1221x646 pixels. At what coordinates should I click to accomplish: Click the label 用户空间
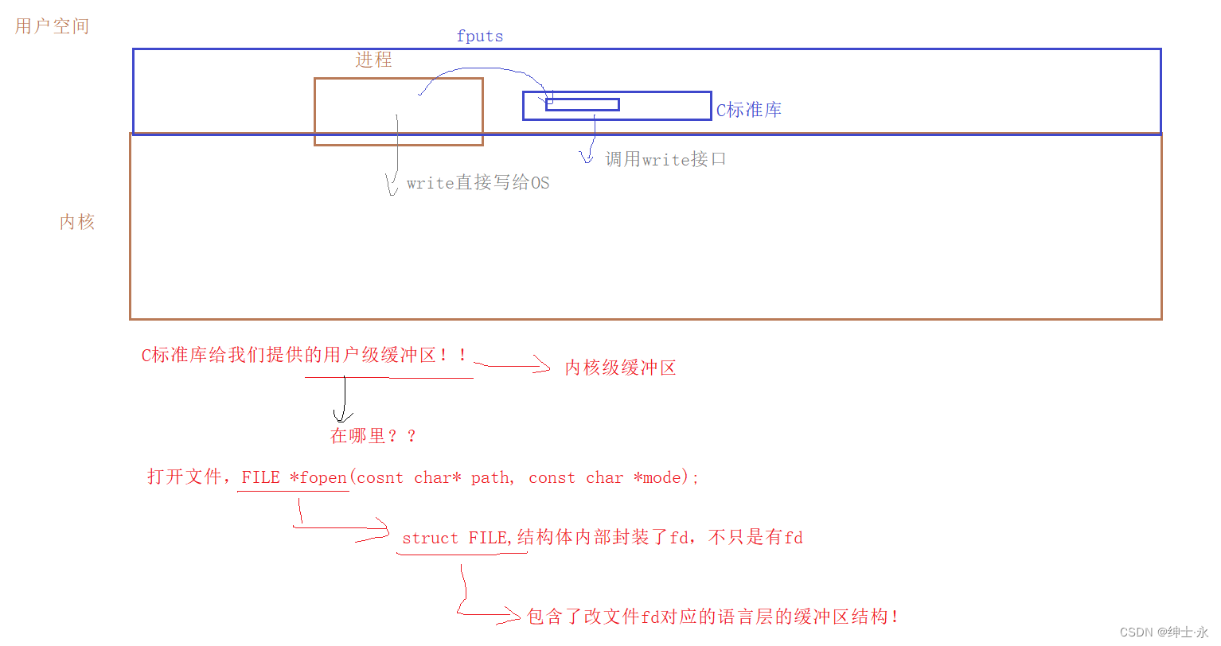click(x=52, y=26)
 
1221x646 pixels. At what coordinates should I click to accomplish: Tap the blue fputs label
click(x=479, y=37)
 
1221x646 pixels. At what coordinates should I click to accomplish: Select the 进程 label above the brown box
click(x=373, y=60)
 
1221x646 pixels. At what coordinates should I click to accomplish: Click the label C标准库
click(x=748, y=111)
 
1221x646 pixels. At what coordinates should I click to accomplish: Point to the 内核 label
click(x=77, y=222)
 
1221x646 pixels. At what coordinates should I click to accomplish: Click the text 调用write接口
click(x=665, y=160)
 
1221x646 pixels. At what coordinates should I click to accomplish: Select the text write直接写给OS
click(x=478, y=183)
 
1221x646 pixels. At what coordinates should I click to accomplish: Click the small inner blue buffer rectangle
click(x=582, y=104)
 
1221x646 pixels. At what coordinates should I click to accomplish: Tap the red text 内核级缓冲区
click(x=620, y=368)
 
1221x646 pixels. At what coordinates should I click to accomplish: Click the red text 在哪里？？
click(x=373, y=436)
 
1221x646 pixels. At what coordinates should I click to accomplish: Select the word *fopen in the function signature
click(x=318, y=477)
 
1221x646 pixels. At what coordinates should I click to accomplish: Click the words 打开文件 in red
click(x=185, y=477)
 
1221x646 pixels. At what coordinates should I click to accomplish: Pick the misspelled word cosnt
click(x=380, y=477)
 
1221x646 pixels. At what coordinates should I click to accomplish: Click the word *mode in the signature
click(x=657, y=477)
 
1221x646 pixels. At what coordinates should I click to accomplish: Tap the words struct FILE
click(x=455, y=539)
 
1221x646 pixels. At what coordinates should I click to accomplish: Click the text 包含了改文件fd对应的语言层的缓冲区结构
click(x=712, y=617)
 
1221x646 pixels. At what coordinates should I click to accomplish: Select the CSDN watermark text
click(x=1163, y=632)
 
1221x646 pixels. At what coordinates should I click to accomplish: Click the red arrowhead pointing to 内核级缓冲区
click(x=543, y=366)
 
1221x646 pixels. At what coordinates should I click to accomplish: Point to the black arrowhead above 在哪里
click(x=343, y=415)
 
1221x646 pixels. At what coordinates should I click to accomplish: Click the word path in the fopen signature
click(x=490, y=477)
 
